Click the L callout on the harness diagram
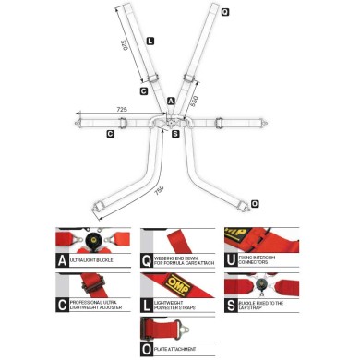click(x=150, y=41)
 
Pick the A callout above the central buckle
click(x=170, y=101)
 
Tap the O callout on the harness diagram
click(x=255, y=202)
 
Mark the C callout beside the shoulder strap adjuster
click(x=144, y=90)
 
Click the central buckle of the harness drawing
click(x=171, y=120)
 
